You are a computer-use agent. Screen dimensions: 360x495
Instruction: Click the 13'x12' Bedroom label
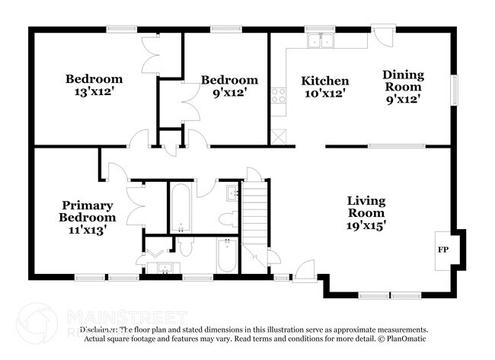[x=94, y=85]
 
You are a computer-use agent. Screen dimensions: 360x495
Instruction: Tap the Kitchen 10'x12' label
[x=324, y=87]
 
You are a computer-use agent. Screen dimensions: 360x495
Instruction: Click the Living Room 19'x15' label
[x=366, y=213]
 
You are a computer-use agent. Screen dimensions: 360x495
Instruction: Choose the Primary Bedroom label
[x=88, y=217]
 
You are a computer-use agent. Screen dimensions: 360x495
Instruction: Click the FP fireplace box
[x=442, y=250]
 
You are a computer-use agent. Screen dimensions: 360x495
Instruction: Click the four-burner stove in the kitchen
[x=279, y=96]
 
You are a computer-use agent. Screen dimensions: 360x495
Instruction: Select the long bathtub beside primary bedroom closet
[x=180, y=207]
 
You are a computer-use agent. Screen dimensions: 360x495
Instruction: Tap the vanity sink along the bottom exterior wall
[x=163, y=267]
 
